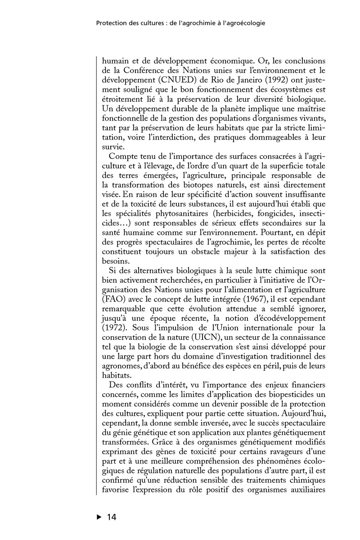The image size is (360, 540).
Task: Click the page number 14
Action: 111,517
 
